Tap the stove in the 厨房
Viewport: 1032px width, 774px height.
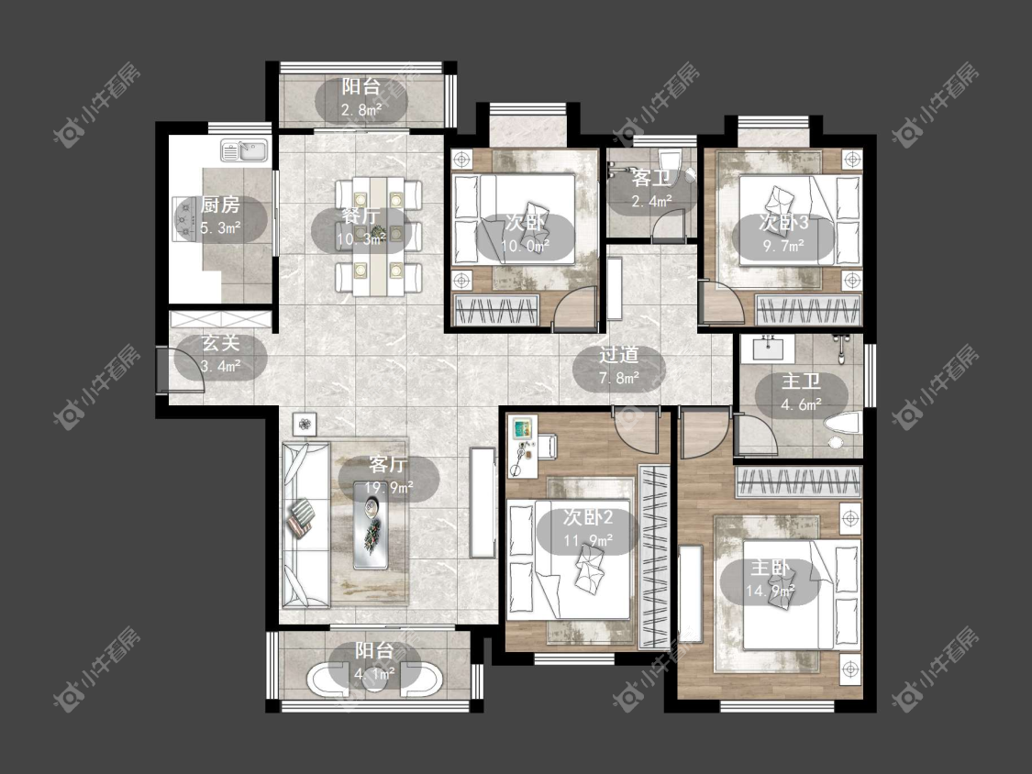click(x=182, y=218)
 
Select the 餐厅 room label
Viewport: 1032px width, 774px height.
click(x=361, y=216)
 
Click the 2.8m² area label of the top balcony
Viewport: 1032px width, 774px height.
click(x=361, y=110)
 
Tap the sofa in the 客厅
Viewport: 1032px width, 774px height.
click(x=306, y=525)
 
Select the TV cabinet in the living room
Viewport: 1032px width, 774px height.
click(x=483, y=503)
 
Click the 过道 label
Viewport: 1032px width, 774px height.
click(x=618, y=356)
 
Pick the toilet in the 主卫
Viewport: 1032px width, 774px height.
click(x=842, y=426)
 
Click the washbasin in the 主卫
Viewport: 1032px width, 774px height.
click(x=768, y=348)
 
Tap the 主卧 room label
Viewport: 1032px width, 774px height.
click(x=770, y=568)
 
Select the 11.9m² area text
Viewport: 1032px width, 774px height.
click(x=588, y=541)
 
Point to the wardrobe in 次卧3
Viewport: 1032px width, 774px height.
click(x=808, y=310)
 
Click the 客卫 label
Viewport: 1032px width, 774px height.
click(x=651, y=178)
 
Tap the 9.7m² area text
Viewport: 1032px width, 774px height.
click(x=784, y=246)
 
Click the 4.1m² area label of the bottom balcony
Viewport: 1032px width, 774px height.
click(x=374, y=673)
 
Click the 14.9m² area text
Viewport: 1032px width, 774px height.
click(x=770, y=591)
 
